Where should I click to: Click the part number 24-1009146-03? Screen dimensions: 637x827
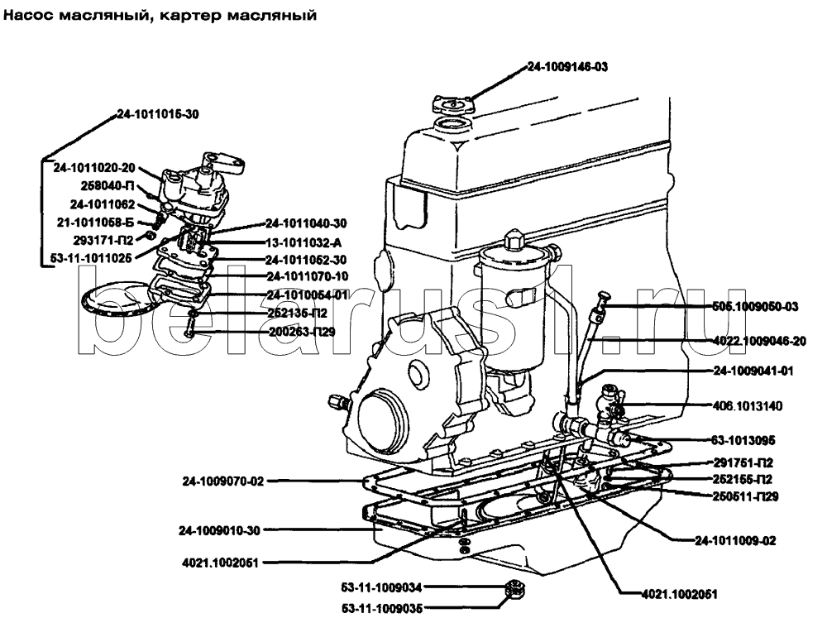(x=567, y=69)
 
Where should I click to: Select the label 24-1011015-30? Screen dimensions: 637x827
(x=157, y=113)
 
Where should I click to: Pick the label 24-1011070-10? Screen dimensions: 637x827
(x=307, y=276)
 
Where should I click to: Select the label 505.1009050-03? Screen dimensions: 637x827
(x=757, y=306)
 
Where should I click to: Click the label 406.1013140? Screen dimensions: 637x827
(x=748, y=406)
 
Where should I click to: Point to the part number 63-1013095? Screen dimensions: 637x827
(x=743, y=439)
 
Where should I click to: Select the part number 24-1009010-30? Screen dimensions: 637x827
(x=218, y=529)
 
